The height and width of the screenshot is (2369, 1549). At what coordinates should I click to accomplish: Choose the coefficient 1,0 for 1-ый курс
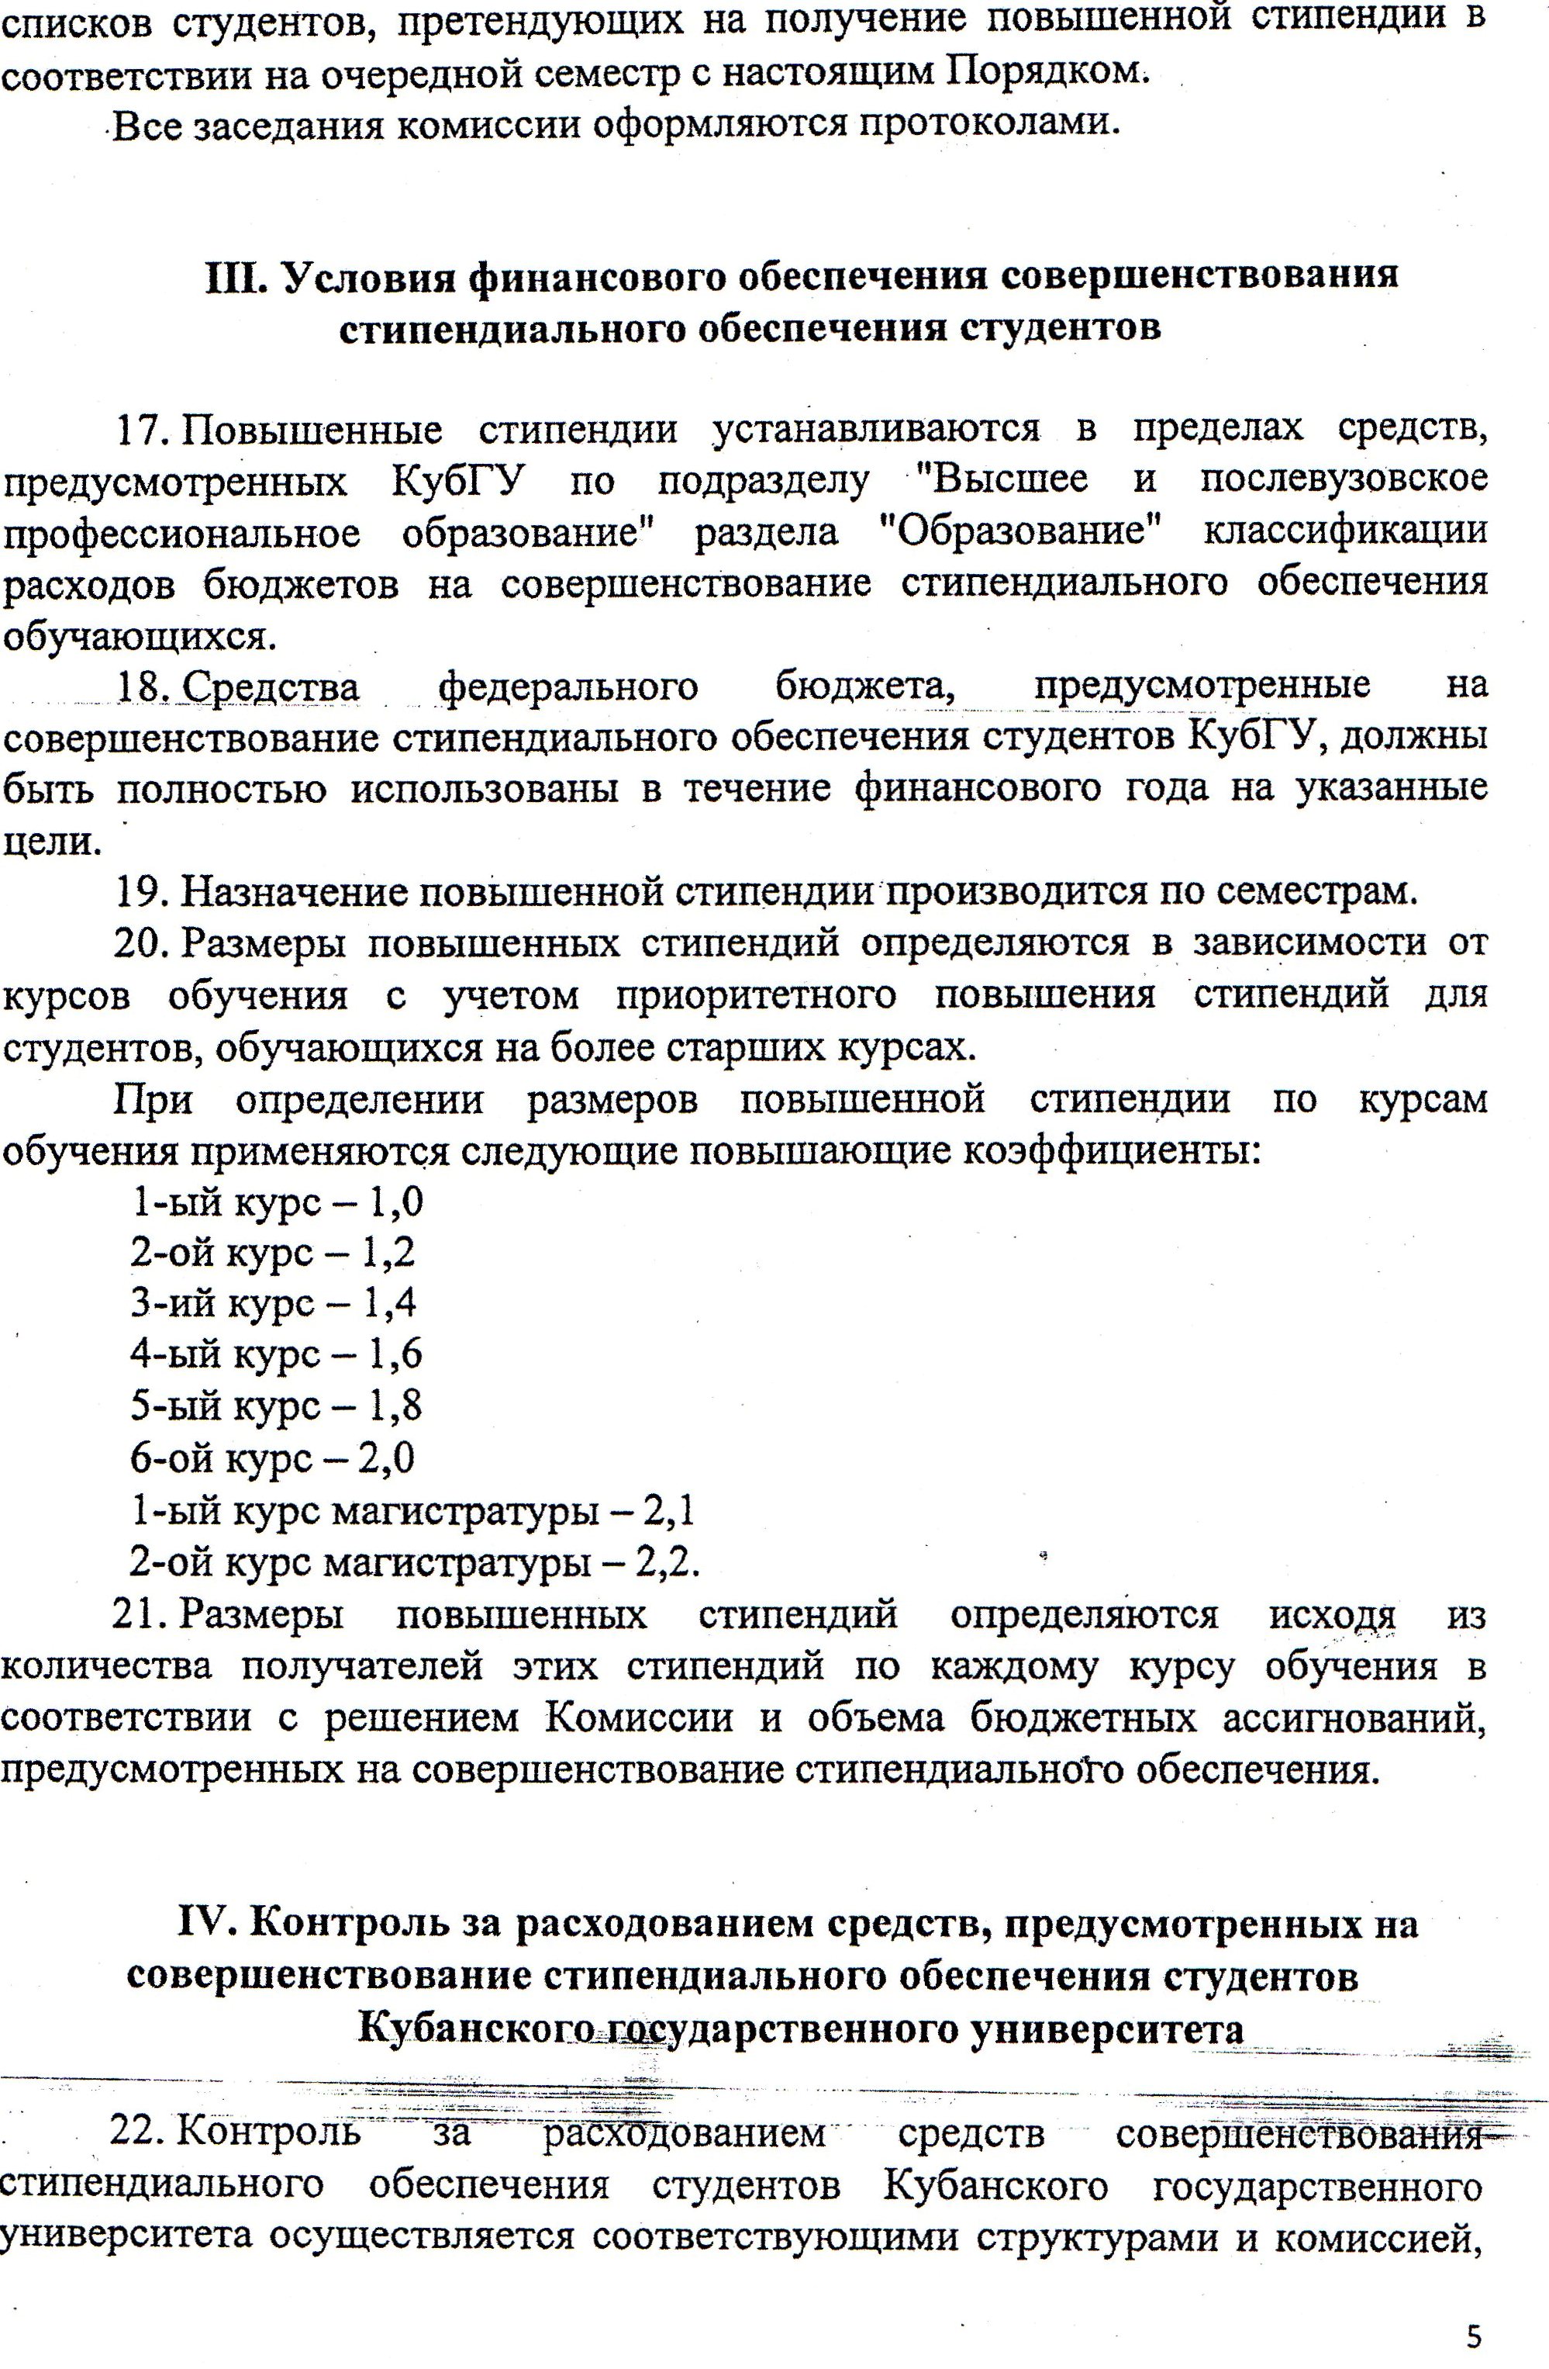tap(396, 1202)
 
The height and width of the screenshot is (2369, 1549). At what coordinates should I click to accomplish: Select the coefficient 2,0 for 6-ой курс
tap(386, 1458)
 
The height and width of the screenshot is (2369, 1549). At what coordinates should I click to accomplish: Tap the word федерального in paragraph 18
tap(568, 686)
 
